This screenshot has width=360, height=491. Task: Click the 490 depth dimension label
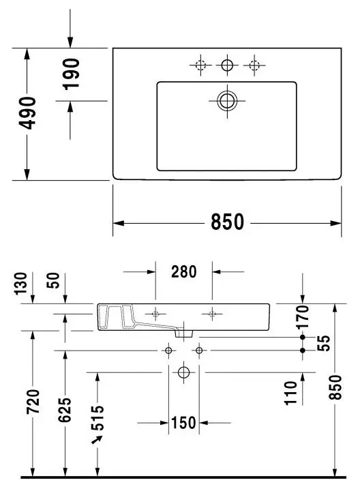point(27,113)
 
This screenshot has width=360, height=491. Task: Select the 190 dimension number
point(71,74)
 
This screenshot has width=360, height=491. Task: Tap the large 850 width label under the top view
point(227,222)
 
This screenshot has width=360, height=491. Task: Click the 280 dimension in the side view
point(184,271)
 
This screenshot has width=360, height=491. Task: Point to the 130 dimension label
point(21,284)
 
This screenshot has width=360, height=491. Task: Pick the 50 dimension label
point(53,280)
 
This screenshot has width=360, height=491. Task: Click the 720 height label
point(33,402)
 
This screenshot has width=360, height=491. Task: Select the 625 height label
point(65,410)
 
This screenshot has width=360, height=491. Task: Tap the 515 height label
point(97,418)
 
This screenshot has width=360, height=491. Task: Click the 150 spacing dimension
point(184,423)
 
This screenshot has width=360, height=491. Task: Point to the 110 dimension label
point(290,393)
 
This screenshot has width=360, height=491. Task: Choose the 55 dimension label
point(324,343)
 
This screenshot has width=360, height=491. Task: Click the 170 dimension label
point(303,316)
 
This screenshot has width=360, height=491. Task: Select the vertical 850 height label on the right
point(335,387)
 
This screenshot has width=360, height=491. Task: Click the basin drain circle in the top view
point(227,101)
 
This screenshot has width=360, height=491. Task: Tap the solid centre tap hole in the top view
point(227,65)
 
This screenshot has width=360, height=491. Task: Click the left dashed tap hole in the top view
point(200,65)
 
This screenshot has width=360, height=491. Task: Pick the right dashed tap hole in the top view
point(254,65)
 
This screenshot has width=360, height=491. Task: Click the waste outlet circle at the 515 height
point(184,372)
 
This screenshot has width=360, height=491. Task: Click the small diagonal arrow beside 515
point(97,439)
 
